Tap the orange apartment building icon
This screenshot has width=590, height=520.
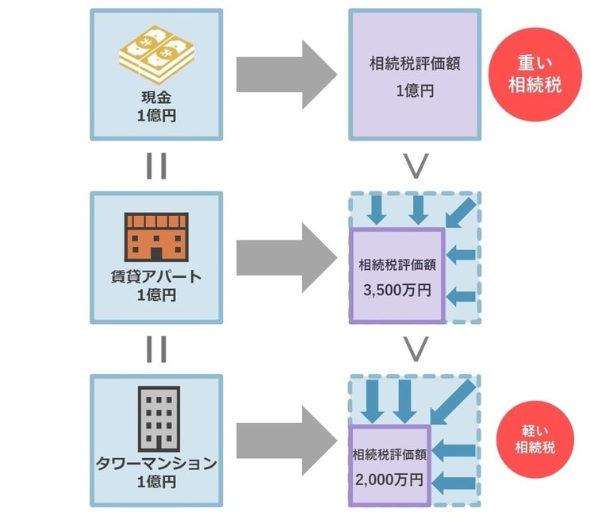[156, 237]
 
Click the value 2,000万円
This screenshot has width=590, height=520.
[389, 480]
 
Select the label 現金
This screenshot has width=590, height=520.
[156, 98]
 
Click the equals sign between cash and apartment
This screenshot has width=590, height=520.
[156, 166]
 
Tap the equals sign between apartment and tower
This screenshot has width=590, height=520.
[156, 349]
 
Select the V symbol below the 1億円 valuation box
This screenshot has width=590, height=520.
[416, 165]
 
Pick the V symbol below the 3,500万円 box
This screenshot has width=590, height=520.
[416, 348]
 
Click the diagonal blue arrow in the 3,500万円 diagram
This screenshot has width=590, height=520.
[460, 210]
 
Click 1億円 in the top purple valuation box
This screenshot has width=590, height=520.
[415, 91]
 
